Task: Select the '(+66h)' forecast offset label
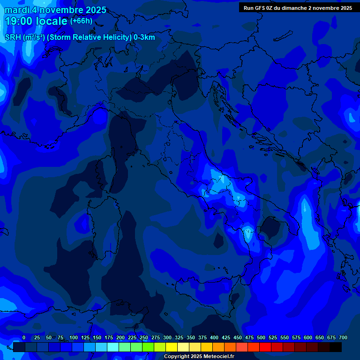pyautogui.click(x=81, y=21)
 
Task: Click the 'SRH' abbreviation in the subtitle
pyautogui.click(x=13, y=37)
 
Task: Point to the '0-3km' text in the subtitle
pyautogui.click(x=144, y=37)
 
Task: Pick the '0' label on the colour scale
pyautogui.click(x=24, y=338)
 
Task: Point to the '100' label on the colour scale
pyautogui.click(x=74, y=338)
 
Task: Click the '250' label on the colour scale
pyautogui.click(x=144, y=338)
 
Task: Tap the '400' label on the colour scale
pyautogui.click(x=214, y=338)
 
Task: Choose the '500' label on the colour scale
pyautogui.click(x=261, y=338)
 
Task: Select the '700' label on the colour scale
pyautogui.click(x=343, y=338)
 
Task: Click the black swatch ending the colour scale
pyautogui.click(x=336, y=347)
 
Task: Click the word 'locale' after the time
pyautogui.click(x=55, y=21)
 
